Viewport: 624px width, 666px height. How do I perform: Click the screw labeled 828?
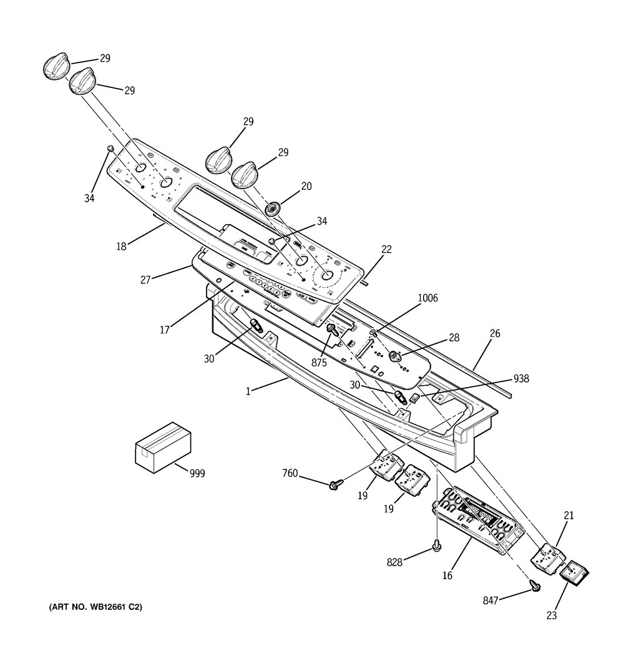[x=437, y=547]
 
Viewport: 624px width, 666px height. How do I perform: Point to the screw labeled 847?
[x=535, y=585]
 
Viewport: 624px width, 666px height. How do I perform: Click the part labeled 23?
[x=575, y=572]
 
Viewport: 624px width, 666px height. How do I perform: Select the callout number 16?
[x=447, y=575]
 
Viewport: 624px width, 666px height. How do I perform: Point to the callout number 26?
[x=494, y=333]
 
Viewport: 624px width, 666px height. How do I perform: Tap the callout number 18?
[x=121, y=246]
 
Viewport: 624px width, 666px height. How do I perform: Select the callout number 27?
[x=145, y=280]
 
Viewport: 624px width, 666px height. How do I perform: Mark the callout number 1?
[x=248, y=391]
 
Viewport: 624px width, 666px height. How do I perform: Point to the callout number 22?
[x=386, y=249]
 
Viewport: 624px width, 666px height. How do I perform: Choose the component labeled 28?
[x=394, y=356]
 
